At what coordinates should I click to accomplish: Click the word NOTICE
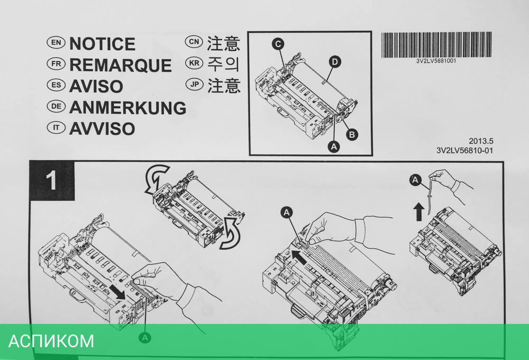tap(102, 44)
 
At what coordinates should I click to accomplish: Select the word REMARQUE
tap(121, 65)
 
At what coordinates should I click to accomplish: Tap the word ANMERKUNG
tap(127, 108)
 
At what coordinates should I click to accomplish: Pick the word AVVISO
tap(102, 129)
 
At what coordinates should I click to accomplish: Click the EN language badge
tap(56, 42)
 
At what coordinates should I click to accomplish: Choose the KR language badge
tap(194, 63)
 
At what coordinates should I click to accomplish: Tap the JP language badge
tap(194, 84)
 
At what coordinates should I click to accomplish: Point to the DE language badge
tap(56, 106)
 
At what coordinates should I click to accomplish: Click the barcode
tap(436, 45)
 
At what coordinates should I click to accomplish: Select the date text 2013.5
tap(481, 141)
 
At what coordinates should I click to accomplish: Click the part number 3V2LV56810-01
tap(464, 150)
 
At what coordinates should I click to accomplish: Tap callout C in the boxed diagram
tap(278, 44)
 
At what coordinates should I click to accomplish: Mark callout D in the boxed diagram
tap(335, 62)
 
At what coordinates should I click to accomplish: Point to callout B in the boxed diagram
tap(352, 134)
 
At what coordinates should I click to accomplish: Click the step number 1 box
tap(52, 180)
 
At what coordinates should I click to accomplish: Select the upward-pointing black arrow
tap(418, 211)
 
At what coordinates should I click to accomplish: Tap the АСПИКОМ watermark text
tap(51, 341)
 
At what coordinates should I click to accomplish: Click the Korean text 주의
tap(223, 64)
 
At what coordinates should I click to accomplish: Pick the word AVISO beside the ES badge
tap(96, 86)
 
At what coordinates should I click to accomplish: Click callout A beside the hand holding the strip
tap(415, 180)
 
